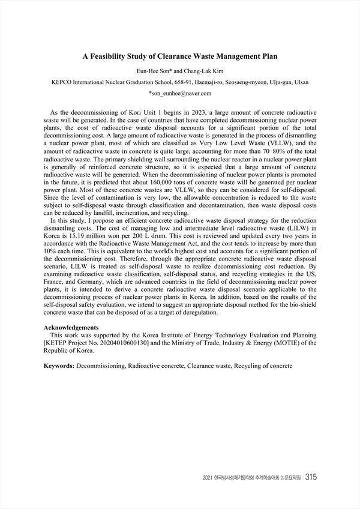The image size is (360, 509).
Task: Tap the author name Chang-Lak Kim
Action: (196, 70)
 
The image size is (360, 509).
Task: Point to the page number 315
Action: (311, 477)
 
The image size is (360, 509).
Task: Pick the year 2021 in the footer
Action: (208, 478)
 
